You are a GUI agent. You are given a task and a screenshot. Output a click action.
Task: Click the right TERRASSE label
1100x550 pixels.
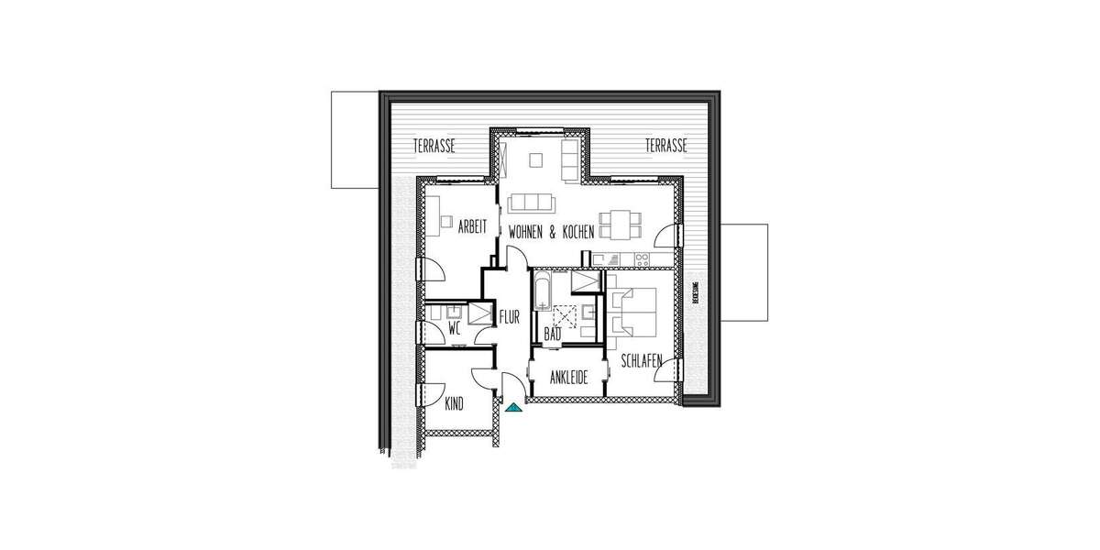[665, 146]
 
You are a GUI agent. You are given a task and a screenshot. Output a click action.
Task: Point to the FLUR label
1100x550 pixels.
[509, 318]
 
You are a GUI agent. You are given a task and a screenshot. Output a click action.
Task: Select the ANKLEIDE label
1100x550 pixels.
[568, 378]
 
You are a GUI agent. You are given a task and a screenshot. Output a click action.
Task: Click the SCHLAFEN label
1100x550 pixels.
[641, 362]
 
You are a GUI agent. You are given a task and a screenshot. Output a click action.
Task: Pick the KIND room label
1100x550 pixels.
[453, 403]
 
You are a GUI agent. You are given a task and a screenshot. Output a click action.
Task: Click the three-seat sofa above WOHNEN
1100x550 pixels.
[531, 203]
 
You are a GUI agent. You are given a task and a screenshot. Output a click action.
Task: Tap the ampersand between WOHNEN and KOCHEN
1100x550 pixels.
[553, 235]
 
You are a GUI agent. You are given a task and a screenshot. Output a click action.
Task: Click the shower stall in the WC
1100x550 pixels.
[478, 313]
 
